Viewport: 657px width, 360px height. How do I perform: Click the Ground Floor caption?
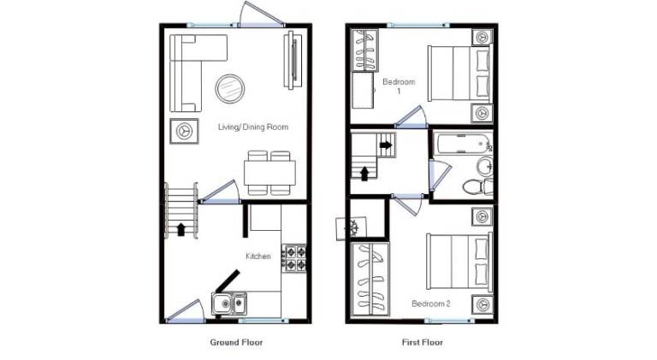[236, 342]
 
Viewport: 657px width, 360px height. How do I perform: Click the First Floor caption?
[423, 342]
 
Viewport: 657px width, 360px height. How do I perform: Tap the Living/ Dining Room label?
[253, 127]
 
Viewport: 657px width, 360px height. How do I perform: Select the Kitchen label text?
[258, 257]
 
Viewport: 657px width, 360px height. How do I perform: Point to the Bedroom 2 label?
[431, 304]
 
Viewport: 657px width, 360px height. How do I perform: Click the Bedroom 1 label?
[399, 86]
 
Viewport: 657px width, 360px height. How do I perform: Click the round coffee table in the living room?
[230, 88]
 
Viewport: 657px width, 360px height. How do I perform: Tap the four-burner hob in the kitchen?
[295, 259]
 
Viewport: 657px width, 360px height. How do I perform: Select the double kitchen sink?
[228, 304]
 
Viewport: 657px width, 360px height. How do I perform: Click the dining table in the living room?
[269, 173]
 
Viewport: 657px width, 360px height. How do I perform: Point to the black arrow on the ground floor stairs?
[181, 229]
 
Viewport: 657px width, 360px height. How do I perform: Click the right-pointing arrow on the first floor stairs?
[386, 145]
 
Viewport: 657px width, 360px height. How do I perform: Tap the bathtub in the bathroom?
[463, 143]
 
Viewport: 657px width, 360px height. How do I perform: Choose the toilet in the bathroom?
[478, 186]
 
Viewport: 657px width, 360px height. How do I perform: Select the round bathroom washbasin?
[485, 166]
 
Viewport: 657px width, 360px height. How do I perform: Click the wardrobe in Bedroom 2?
[370, 280]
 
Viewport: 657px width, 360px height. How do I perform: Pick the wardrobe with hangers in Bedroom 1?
[365, 50]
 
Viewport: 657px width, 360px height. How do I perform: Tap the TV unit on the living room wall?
[293, 59]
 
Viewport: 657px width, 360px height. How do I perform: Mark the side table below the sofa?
[184, 132]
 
